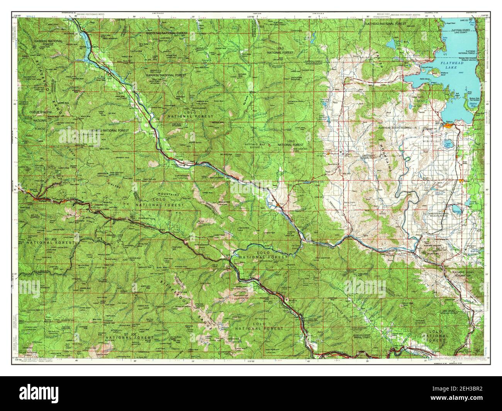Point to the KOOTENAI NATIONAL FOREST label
tap(167, 34)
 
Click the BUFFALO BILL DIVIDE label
tap(254, 145)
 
